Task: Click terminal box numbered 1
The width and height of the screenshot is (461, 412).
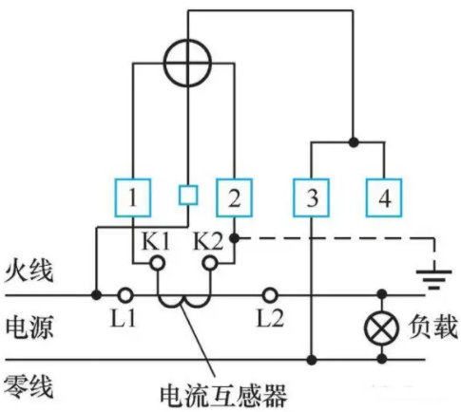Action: pos(132,197)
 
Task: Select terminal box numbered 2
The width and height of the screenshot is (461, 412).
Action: pos(234,197)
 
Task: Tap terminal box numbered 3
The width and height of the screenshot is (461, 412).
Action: pos(311,197)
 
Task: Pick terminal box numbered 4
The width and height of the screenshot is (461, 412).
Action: pos(384,197)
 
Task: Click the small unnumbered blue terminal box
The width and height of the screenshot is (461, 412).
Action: pos(188,195)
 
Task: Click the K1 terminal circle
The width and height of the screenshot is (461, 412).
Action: pos(158,263)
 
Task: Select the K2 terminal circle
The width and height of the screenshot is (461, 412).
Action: pos(210,263)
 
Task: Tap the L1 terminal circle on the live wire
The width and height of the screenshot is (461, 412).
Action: pos(125,295)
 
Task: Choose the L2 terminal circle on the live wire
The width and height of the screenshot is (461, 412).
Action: pos(270,295)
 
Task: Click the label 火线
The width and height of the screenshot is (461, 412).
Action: pos(29,272)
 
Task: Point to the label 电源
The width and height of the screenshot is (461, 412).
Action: pos(29,328)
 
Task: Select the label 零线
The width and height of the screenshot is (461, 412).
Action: pos(28,386)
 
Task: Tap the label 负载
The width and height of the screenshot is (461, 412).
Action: pos(432,327)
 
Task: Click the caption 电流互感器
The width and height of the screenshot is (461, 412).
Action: pos(223,396)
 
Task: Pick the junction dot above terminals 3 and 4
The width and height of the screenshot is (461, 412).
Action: pos(354,142)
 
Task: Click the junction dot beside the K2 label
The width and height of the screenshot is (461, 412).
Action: pos(234,238)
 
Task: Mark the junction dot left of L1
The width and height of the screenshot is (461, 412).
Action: pos(96,295)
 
